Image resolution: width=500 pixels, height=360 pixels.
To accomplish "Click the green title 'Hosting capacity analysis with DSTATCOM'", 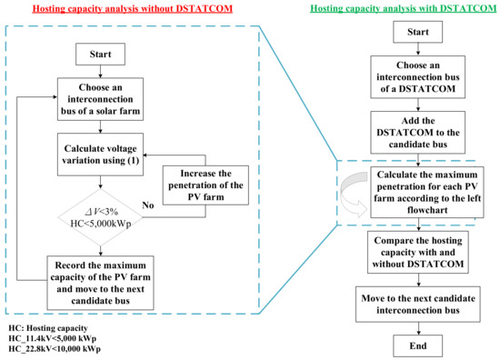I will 394,9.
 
